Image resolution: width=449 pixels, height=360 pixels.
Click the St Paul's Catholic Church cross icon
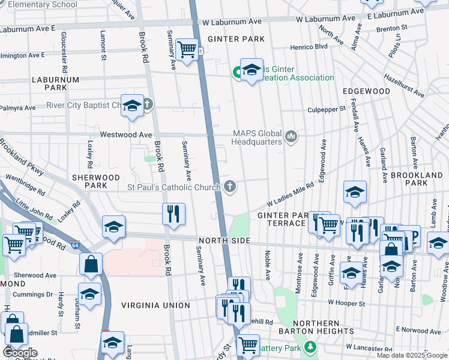(x=229, y=187)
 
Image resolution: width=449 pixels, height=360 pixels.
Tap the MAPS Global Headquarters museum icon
(x=292, y=137)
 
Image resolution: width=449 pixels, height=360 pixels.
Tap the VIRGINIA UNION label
(x=155, y=305)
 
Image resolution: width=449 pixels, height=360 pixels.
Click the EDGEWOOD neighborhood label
(x=366, y=91)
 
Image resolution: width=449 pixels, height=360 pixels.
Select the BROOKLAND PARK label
(x=416, y=179)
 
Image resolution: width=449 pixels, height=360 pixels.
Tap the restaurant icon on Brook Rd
(x=173, y=213)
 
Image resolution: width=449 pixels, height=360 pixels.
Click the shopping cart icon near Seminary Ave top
(x=187, y=49)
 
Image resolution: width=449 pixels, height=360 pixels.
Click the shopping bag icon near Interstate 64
(x=90, y=263)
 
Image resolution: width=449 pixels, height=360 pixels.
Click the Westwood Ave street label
(x=126, y=135)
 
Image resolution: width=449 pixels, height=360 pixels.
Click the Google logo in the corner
(x=20, y=353)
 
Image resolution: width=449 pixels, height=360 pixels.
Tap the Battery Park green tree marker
(x=310, y=347)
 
